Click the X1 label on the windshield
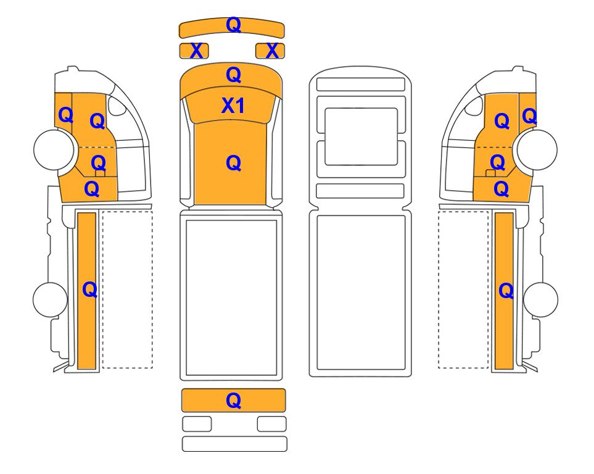(233, 106)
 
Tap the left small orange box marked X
(194, 51)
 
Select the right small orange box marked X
(270, 51)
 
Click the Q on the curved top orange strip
(233, 25)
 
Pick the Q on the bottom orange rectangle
(233, 400)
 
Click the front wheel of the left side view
(54, 149)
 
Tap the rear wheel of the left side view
(51, 299)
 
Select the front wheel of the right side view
(537, 149)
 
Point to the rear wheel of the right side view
(540, 299)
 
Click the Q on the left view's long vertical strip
(90, 290)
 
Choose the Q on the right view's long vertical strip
(506, 291)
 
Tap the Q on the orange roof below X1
(233, 163)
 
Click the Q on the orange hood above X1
(233, 75)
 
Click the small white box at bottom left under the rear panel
(197, 424)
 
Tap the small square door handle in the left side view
(100, 173)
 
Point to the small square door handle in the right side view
(490, 173)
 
